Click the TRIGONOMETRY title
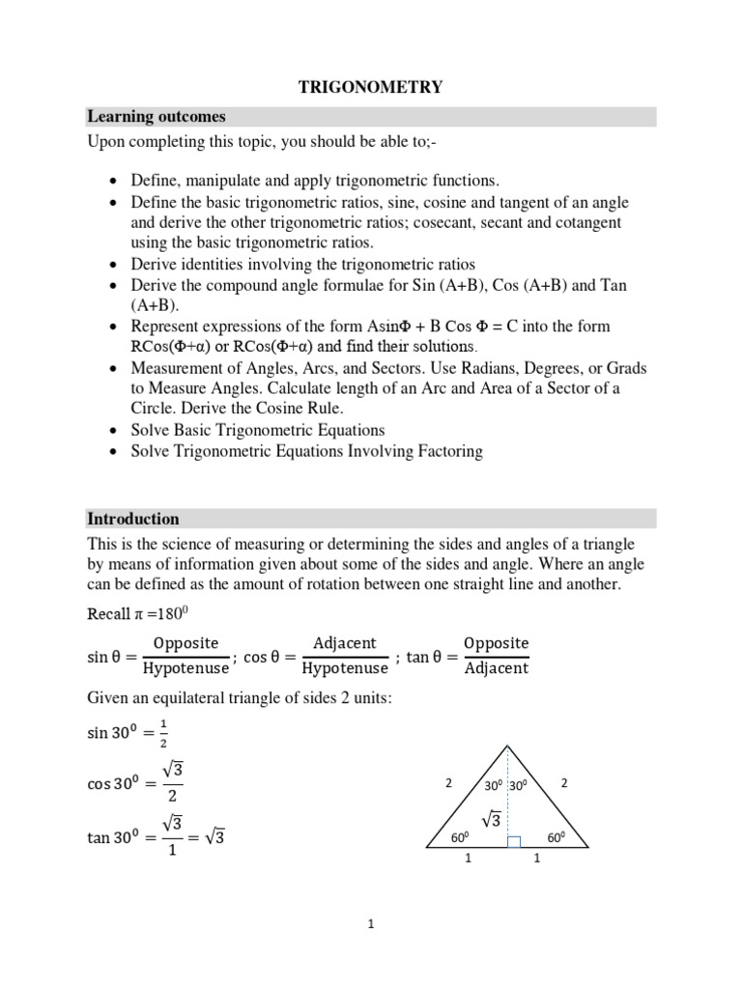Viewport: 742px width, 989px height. [x=370, y=87]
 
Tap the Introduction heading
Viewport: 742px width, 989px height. [x=133, y=519]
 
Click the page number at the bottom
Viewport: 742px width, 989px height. [x=370, y=924]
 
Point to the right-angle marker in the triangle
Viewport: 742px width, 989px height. [x=514, y=843]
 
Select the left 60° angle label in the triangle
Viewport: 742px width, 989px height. [x=460, y=837]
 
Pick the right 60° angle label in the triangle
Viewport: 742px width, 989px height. [x=556, y=837]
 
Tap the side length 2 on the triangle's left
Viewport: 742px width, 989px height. [x=448, y=784]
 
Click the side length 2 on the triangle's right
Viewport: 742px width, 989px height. [x=564, y=784]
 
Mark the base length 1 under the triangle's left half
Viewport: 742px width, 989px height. [x=468, y=864]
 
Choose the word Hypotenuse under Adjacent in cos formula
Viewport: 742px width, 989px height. [x=344, y=668]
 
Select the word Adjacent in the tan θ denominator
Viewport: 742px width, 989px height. [x=497, y=668]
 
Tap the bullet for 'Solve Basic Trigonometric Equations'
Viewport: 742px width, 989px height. [x=116, y=431]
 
